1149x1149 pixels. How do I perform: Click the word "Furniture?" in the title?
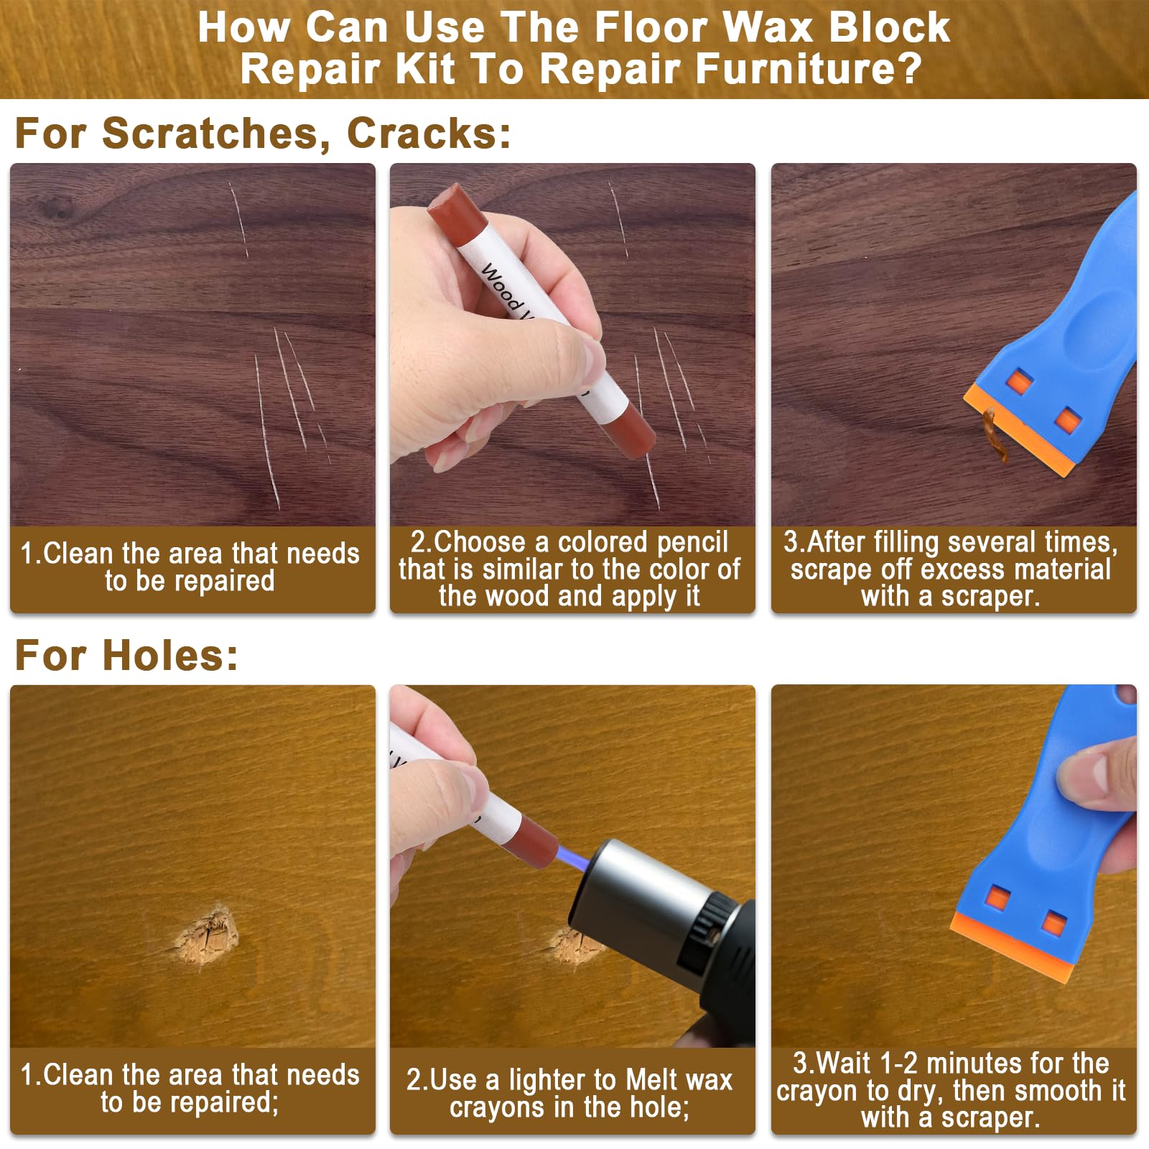[x=807, y=69]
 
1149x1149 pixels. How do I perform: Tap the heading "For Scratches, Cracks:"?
[x=263, y=133]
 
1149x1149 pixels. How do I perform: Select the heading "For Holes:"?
[x=126, y=655]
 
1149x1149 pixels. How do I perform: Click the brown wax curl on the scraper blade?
[x=997, y=435]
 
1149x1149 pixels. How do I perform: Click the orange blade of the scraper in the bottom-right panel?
[x=1013, y=945]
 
